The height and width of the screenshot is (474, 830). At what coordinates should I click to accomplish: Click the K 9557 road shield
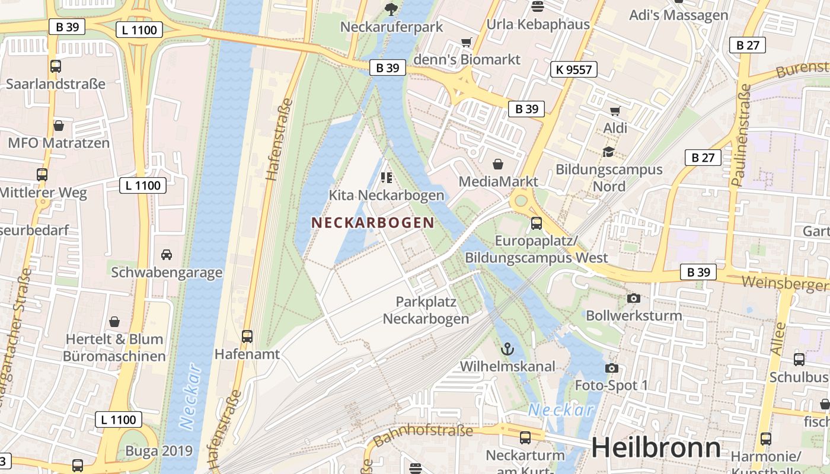573,69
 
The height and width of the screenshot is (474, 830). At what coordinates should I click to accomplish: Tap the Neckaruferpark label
392,27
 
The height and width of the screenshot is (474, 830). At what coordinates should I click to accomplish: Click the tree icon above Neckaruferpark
391,8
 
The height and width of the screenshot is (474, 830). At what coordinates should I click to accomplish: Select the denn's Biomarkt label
467,59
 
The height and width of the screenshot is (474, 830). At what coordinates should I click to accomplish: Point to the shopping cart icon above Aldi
615,111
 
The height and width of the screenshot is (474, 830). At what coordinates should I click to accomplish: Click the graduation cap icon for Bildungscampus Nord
608,152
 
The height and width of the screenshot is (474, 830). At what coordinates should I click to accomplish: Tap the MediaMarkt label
499,181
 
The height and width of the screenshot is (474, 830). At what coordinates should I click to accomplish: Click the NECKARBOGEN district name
372,223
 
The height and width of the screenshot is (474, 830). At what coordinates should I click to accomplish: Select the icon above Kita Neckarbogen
387,177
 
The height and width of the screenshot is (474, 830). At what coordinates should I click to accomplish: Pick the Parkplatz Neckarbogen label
426,310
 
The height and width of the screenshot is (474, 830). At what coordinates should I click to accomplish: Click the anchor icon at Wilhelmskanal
506,349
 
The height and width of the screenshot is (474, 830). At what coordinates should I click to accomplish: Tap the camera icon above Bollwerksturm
633,298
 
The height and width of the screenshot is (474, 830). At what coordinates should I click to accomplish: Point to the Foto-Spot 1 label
611,386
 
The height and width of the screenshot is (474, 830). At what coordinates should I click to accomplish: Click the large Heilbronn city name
656,447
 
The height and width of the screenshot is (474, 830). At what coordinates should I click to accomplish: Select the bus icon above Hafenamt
247,336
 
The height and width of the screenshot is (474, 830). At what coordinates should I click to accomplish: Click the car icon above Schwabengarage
167,255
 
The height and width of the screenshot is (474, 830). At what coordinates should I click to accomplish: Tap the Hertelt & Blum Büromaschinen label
114,348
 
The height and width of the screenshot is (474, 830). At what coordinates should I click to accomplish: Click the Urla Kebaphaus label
538,24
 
